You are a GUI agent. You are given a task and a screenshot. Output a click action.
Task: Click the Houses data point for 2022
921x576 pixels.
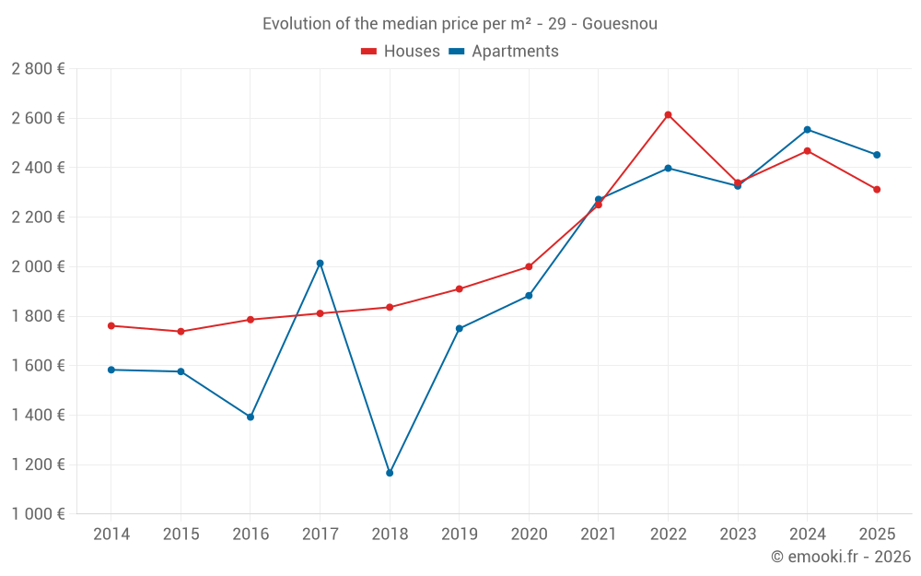pyautogui.click(x=668, y=115)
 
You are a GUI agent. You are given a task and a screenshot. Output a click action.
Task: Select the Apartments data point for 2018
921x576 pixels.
pyautogui.click(x=390, y=473)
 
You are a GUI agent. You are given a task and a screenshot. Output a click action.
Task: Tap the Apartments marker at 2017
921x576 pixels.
pyautogui.click(x=320, y=264)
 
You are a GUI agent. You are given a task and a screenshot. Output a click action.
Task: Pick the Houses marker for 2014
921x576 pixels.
pyautogui.click(x=111, y=325)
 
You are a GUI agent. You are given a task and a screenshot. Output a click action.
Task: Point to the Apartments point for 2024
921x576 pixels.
pyautogui.click(x=807, y=130)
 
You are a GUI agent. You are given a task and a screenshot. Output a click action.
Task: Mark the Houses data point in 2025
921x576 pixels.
pyautogui.click(x=877, y=190)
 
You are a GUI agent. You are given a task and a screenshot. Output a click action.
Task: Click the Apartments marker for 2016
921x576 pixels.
pyautogui.click(x=251, y=417)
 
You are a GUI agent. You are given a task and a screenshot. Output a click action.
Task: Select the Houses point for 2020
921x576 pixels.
pyautogui.click(x=529, y=267)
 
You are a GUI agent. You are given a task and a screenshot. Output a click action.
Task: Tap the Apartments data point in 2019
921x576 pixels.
pyautogui.click(x=459, y=328)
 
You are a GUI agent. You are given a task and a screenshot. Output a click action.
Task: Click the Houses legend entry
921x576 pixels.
pyautogui.click(x=401, y=52)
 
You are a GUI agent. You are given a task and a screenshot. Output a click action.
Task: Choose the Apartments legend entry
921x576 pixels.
pyautogui.click(x=504, y=52)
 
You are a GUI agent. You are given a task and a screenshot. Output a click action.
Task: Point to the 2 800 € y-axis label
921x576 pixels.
pyautogui.click(x=38, y=69)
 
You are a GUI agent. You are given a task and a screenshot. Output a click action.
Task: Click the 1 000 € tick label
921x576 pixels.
pyautogui.click(x=38, y=514)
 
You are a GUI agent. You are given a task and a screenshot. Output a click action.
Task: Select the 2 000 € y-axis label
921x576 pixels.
pyautogui.click(x=38, y=266)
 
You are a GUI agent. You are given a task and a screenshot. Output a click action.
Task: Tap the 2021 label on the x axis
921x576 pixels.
pyautogui.click(x=598, y=535)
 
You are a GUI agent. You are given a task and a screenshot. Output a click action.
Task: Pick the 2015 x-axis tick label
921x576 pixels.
pyautogui.click(x=181, y=535)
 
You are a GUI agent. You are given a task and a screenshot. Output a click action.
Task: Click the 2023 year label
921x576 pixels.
pyautogui.click(x=738, y=535)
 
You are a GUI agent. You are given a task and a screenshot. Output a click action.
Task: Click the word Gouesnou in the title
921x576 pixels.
pyautogui.click(x=620, y=24)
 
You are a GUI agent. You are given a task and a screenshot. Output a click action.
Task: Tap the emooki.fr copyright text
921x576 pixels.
pyautogui.click(x=841, y=557)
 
